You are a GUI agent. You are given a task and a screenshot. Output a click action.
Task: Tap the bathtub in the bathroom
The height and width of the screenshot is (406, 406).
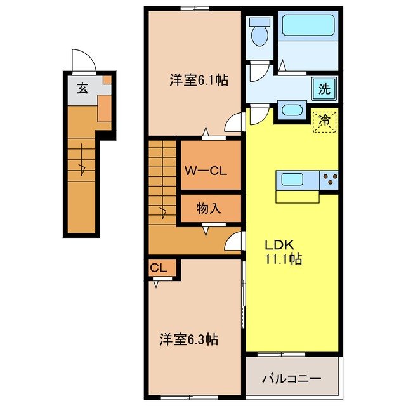click(x=310, y=27)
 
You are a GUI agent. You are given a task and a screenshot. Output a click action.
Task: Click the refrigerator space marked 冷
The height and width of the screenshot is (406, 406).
click(x=324, y=119)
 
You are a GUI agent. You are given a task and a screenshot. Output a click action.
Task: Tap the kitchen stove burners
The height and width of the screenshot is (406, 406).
click(x=329, y=180)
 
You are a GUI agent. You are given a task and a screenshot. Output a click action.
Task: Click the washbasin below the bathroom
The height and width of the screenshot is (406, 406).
click(x=293, y=109)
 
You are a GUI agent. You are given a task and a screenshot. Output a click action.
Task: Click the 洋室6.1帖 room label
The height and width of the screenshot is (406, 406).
click(x=199, y=81)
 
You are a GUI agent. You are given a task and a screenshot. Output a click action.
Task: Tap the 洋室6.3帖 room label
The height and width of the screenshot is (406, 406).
click(x=188, y=339)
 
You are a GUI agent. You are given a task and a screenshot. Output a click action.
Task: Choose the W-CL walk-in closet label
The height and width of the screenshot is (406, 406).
click(x=203, y=170)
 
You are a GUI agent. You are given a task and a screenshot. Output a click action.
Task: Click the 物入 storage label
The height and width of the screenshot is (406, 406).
click(x=209, y=208)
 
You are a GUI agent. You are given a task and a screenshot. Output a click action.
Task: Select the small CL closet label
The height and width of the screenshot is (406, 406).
click(x=159, y=268)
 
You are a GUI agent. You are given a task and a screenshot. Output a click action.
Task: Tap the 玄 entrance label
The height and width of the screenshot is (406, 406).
click(x=82, y=88)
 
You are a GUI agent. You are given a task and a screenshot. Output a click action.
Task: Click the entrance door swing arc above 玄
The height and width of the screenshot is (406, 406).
click(x=83, y=60)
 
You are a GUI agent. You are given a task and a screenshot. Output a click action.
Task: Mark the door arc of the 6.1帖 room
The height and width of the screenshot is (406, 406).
click(x=235, y=122)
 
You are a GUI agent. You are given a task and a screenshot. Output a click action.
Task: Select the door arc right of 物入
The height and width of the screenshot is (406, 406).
click(x=234, y=240)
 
